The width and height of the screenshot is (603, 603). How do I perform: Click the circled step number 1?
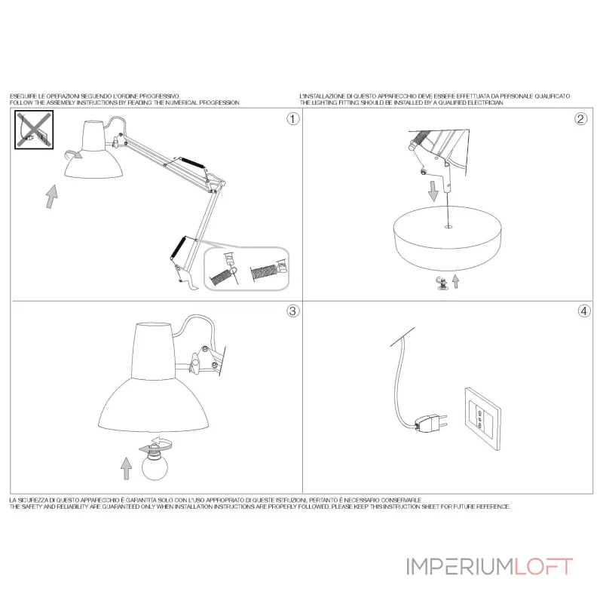(293, 119)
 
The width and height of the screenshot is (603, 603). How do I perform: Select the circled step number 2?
(580, 119)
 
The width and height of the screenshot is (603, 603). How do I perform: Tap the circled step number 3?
(293, 311)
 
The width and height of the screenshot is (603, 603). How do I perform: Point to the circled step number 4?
(584, 311)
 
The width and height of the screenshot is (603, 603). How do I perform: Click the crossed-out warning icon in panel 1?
(34, 130)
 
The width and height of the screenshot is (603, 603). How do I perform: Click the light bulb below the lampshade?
(155, 464)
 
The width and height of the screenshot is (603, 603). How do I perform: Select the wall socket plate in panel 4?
(483, 418)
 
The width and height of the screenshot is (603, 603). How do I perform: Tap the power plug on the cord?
(431, 423)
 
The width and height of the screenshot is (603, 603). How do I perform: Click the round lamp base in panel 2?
(448, 237)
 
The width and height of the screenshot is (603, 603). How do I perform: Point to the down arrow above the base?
(433, 191)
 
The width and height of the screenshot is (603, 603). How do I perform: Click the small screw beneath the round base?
(442, 283)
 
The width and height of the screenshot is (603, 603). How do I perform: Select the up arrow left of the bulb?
(126, 468)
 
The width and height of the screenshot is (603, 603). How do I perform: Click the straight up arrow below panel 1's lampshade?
(52, 197)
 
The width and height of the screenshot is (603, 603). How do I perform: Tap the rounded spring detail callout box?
(246, 268)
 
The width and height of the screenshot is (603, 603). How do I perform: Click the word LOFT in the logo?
(543, 567)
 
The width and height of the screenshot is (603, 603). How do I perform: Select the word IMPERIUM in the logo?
(460, 567)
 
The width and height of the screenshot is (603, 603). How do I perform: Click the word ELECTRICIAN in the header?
(485, 103)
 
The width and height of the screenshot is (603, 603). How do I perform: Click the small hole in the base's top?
(448, 228)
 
